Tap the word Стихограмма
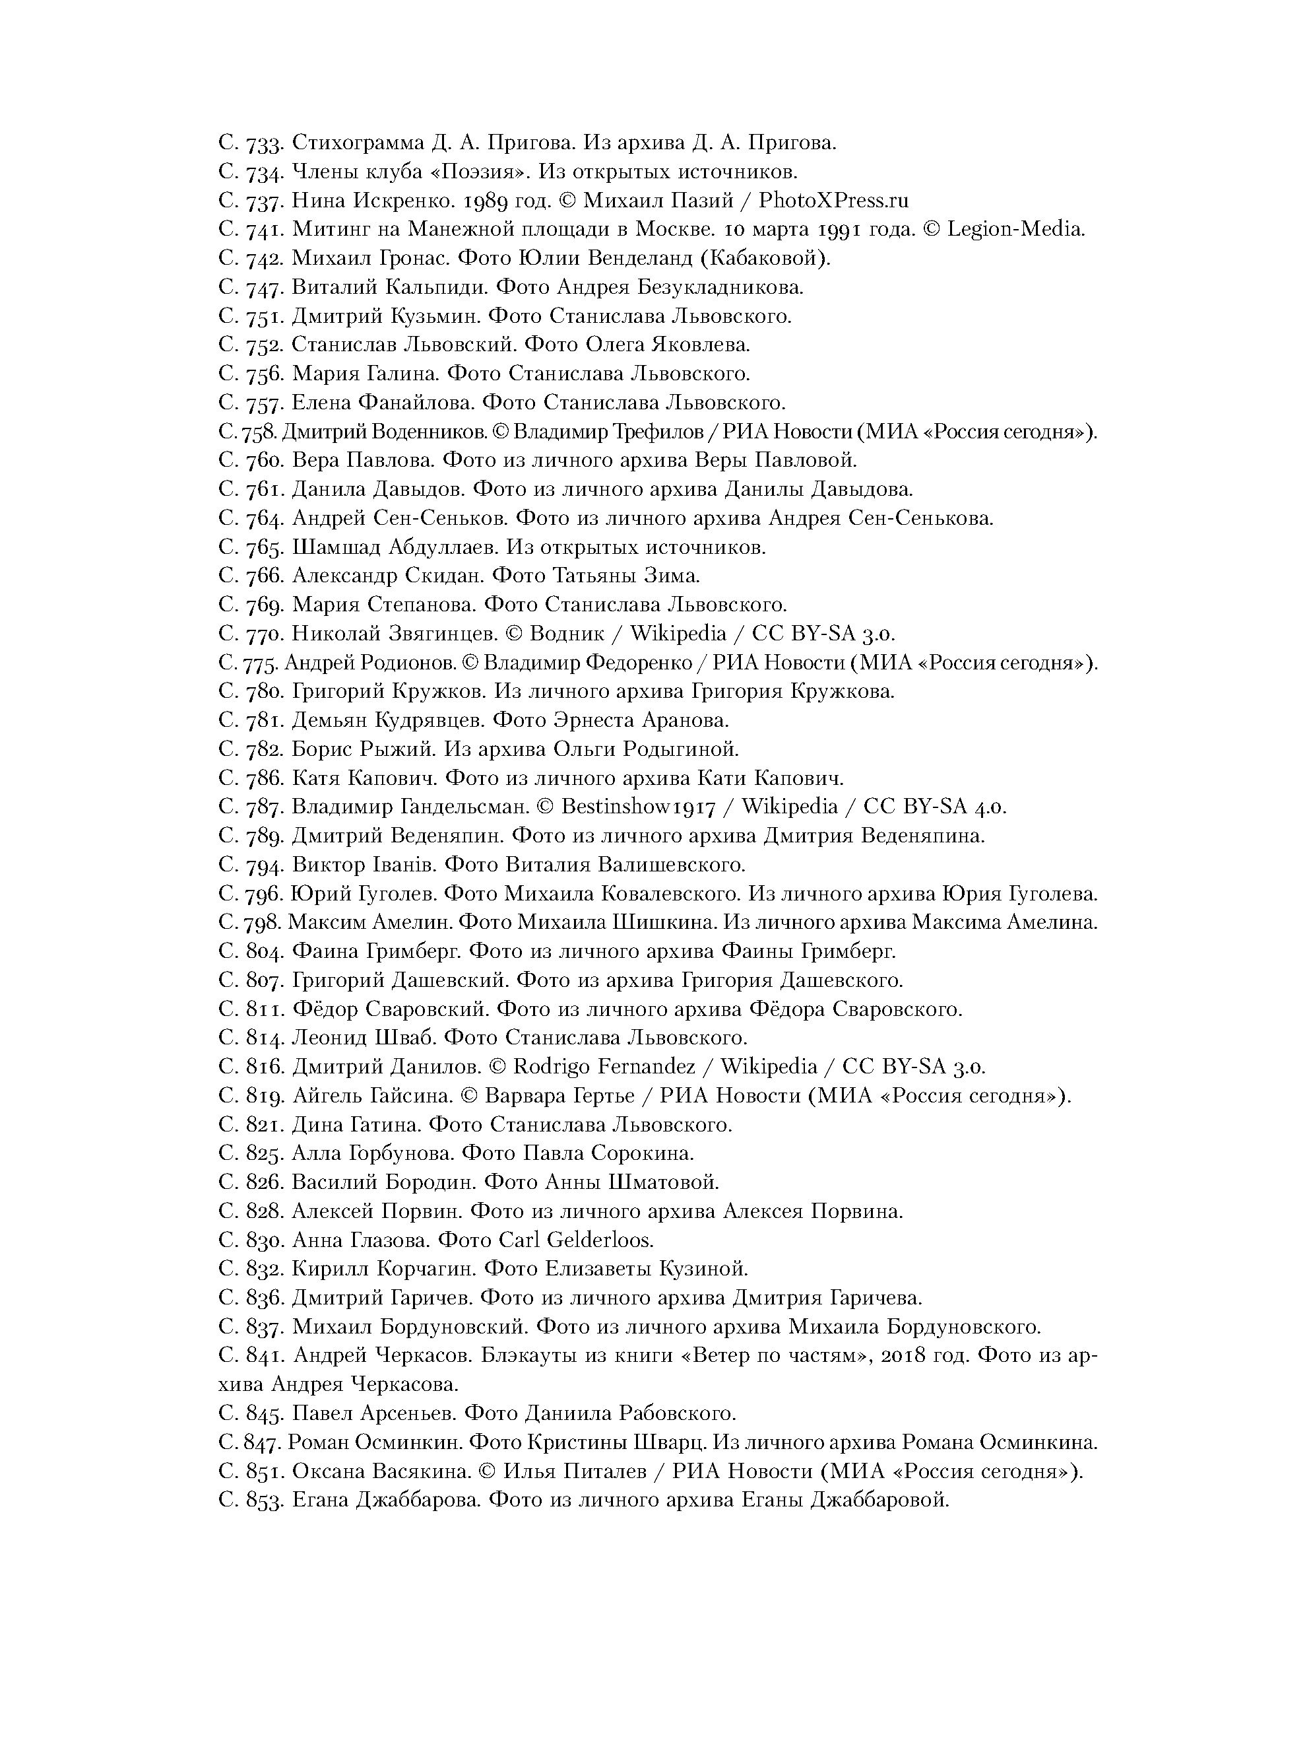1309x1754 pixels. click(x=358, y=143)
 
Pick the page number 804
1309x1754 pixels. click(x=264, y=951)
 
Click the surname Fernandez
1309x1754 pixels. click(x=646, y=1067)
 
